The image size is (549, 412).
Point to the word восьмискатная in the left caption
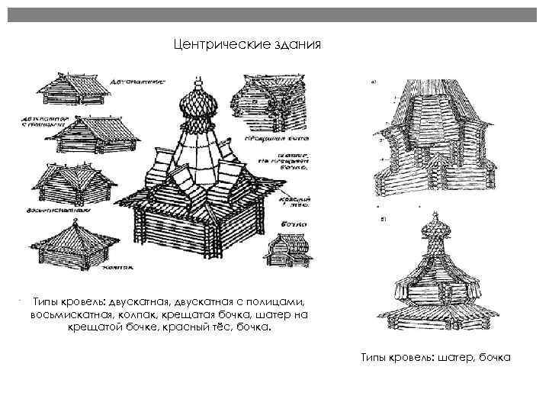tap(70, 314)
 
